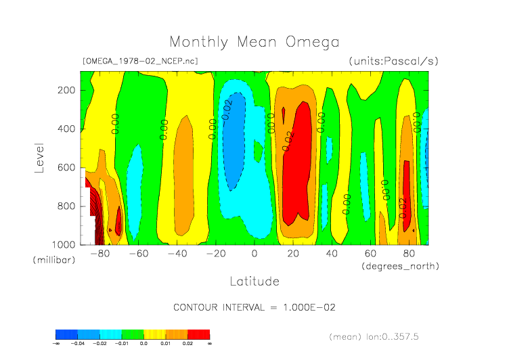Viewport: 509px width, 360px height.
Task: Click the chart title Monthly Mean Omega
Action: tap(254, 42)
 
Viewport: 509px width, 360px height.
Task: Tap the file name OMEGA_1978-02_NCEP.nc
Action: tap(139, 61)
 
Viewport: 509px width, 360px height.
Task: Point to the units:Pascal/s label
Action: tap(394, 61)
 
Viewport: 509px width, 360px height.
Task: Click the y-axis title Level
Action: tap(39, 157)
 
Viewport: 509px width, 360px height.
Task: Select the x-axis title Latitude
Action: tap(254, 281)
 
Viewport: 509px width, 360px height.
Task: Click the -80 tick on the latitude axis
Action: tap(99, 254)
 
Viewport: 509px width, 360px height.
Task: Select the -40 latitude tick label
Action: tap(177, 254)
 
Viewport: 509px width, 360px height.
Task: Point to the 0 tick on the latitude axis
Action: tap(255, 254)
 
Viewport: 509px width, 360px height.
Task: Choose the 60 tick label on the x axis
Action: tap(370, 254)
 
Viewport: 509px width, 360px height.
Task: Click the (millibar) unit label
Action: tap(51, 260)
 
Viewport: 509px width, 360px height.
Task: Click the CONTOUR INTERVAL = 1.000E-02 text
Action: tap(255, 307)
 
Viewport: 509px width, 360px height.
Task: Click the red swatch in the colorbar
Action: tap(199, 334)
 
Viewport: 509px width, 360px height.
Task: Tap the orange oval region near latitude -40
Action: tap(183, 179)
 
